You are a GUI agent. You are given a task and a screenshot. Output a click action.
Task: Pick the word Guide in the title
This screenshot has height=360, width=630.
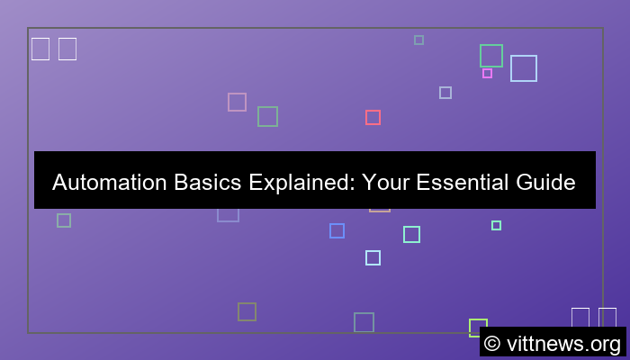[x=544, y=183]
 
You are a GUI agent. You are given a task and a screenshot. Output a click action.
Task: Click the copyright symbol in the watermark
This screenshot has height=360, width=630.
[x=492, y=343]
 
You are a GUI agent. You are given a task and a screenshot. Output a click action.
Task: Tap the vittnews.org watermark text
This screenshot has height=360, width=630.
[x=562, y=343]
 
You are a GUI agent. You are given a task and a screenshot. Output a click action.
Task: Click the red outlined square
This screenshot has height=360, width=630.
[x=373, y=117]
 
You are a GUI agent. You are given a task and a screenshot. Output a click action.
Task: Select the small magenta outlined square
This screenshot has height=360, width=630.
[x=487, y=73]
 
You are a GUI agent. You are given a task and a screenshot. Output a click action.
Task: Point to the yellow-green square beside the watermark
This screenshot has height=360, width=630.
[x=477, y=327]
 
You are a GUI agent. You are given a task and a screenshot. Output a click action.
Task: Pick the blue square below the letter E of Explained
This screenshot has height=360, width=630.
[x=337, y=230]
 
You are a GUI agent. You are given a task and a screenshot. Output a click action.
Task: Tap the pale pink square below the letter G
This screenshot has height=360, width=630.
[x=379, y=209]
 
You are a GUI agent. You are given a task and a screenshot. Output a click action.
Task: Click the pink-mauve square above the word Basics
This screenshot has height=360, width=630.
[x=237, y=102]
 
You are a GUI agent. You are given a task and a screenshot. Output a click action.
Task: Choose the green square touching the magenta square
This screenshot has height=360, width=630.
[x=490, y=56]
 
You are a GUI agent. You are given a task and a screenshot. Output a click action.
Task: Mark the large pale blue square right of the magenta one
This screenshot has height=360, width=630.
[x=523, y=68]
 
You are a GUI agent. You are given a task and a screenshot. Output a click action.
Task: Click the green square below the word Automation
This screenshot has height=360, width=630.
[x=64, y=220]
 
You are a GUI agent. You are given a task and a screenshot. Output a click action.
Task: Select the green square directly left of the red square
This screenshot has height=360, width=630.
[x=267, y=116]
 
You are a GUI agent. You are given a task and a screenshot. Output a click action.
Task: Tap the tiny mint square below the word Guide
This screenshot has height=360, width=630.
[x=496, y=225]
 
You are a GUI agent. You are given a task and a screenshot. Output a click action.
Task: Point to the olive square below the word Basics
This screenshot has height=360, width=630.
[x=247, y=311]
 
